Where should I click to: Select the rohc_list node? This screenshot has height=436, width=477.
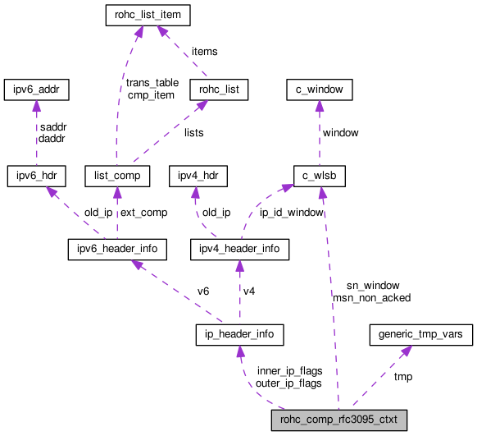[218, 89]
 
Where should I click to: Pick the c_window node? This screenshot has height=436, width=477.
[318, 89]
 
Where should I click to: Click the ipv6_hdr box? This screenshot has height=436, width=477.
[36, 175]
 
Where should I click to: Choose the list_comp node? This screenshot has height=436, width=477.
[118, 175]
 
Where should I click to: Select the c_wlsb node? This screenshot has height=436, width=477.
[318, 175]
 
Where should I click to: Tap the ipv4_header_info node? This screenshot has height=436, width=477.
[239, 248]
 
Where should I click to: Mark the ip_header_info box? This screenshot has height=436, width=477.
[239, 334]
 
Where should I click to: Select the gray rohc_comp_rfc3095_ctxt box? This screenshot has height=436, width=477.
[339, 421]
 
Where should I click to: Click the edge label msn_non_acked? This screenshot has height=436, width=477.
[371, 297]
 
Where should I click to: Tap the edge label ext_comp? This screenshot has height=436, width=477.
[143, 212]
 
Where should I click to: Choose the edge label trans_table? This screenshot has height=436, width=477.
[152, 83]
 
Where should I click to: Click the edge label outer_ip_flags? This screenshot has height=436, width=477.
[288, 383]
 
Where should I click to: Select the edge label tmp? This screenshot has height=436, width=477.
[403, 376]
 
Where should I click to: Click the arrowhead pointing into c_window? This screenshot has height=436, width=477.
[318, 105]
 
